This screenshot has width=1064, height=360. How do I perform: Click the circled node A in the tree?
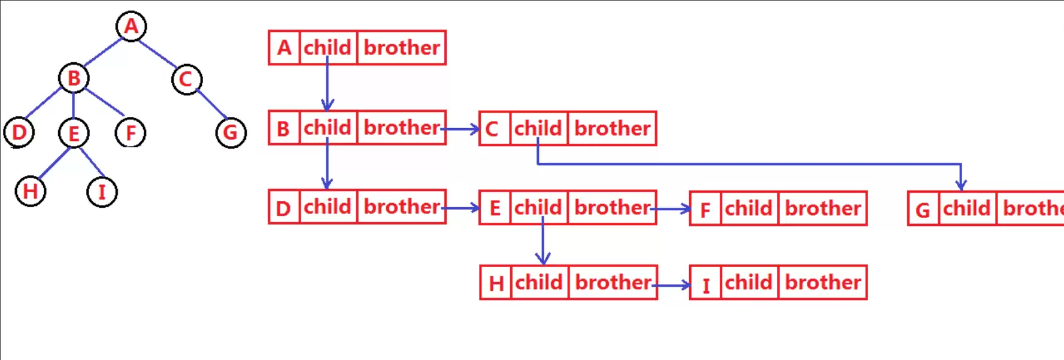click(131, 26)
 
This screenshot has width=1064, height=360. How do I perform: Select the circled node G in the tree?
click(231, 132)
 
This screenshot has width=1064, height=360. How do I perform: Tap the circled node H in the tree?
click(30, 192)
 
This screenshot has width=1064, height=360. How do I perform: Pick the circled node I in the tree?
click(102, 192)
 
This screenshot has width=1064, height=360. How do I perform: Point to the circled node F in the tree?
click(131, 132)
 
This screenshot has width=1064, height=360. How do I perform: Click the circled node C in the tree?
click(186, 79)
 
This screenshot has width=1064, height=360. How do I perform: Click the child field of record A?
click(328, 47)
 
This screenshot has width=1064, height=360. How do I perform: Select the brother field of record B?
click(402, 128)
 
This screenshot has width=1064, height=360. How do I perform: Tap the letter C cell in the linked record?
click(495, 128)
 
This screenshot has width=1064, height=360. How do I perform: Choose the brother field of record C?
click(612, 128)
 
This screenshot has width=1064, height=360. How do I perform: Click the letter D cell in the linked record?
click(284, 207)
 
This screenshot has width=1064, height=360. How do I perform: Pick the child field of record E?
click(538, 208)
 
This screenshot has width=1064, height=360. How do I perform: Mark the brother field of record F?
click(823, 208)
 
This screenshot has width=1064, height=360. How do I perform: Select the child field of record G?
click(968, 208)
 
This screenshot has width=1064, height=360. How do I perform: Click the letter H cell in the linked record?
click(496, 283)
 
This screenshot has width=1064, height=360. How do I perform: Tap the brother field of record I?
click(823, 283)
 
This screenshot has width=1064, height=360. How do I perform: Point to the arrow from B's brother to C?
click(460, 128)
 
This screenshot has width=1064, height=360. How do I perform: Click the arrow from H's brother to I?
click(671, 286)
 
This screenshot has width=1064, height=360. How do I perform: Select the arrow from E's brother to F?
click(671, 209)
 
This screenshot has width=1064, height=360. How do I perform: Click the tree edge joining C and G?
click(211, 104)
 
